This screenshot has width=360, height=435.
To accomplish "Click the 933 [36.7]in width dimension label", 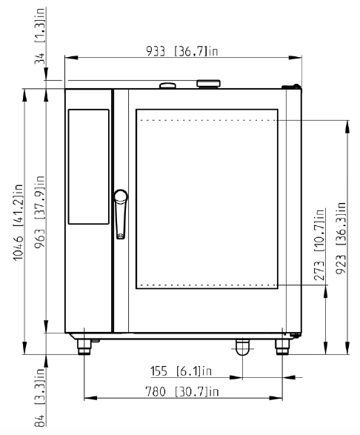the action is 182,51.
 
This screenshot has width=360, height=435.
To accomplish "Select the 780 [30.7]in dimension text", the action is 182,392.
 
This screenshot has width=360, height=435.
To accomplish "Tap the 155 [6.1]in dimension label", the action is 181,371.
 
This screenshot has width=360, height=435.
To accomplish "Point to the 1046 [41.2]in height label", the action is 19,222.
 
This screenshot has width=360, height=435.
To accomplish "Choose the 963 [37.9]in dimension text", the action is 39,212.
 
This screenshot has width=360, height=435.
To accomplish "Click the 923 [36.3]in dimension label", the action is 341,238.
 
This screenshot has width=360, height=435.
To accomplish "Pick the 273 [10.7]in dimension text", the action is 319,245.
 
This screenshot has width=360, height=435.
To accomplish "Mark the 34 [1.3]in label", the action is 39,36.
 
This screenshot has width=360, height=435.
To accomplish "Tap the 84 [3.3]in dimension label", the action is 39,397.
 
